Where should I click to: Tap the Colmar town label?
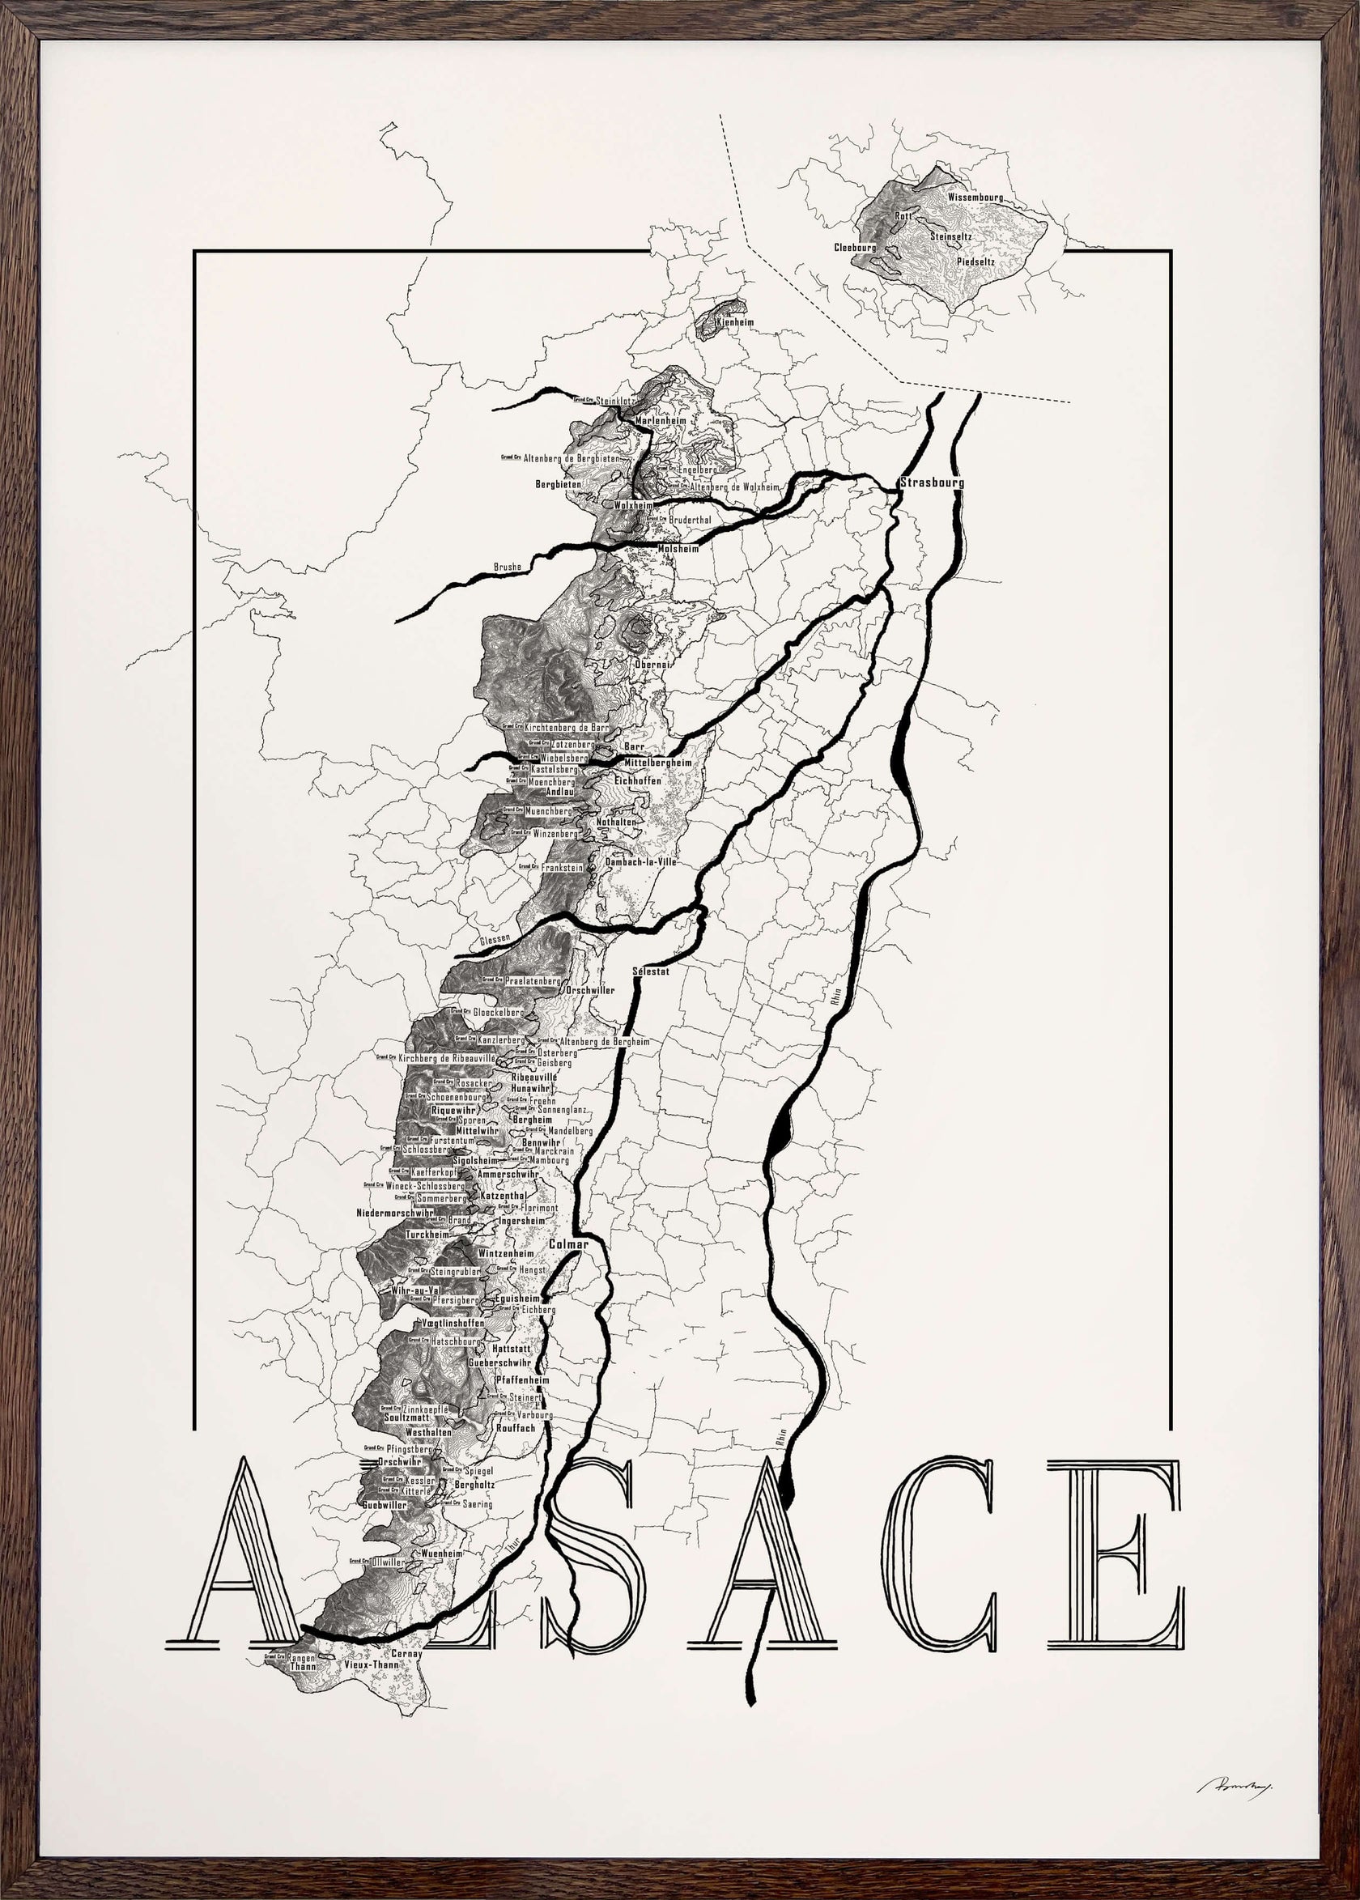click(x=568, y=1244)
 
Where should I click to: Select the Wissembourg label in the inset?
click(x=975, y=198)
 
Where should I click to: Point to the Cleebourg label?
click(x=854, y=248)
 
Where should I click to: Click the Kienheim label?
click(x=735, y=322)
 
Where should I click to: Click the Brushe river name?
click(x=508, y=567)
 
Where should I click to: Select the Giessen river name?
click(x=495, y=940)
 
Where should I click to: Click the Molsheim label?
click(x=678, y=550)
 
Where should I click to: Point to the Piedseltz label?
click(x=975, y=261)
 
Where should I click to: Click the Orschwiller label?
click(x=590, y=991)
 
